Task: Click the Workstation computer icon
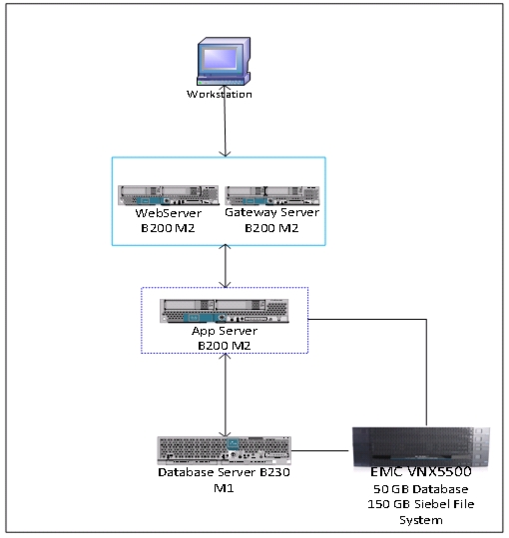(224, 61)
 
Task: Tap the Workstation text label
(220, 94)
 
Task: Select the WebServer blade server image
(168, 195)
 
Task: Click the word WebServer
(168, 213)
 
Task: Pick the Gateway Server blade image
(272, 195)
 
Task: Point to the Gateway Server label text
(271, 212)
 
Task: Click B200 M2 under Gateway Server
(271, 228)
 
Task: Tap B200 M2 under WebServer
(168, 228)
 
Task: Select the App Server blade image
(225, 311)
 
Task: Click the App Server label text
(225, 331)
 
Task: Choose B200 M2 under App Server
(225, 346)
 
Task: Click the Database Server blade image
(225, 450)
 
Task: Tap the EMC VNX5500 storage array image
(421, 447)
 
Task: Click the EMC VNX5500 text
(421, 472)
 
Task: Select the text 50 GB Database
(421, 489)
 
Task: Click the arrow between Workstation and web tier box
(226, 121)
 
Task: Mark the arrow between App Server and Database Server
(226, 395)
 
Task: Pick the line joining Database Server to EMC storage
(320, 451)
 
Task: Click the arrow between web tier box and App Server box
(226, 266)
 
